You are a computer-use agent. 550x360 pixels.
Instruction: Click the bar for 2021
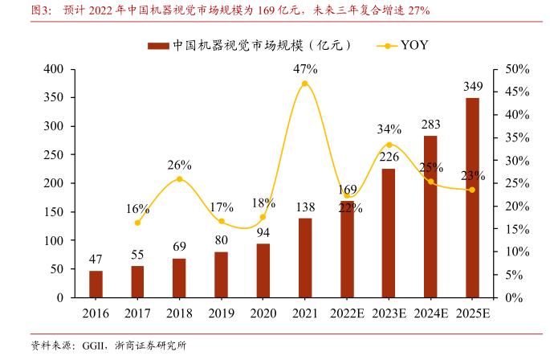(x=305, y=258)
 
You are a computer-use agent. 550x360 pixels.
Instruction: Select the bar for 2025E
(x=472, y=198)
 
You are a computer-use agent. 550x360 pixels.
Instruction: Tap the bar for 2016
(x=96, y=284)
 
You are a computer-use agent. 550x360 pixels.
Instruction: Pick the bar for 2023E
(x=389, y=233)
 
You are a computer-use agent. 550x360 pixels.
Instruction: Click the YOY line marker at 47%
(x=305, y=84)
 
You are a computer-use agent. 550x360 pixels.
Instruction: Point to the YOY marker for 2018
(x=179, y=179)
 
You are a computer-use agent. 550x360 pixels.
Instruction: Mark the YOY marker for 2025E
(x=472, y=190)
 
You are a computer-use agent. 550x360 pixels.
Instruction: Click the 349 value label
(x=473, y=86)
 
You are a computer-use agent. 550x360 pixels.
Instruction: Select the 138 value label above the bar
(x=305, y=207)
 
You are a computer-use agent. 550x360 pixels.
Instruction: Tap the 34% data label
(x=389, y=129)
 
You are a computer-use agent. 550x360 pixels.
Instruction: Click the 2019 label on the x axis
(x=221, y=313)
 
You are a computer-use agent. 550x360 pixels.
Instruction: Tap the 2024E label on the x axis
(x=430, y=313)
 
